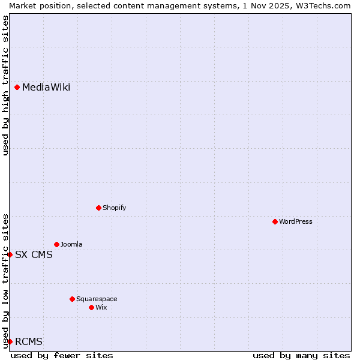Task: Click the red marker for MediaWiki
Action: pyautogui.click(x=17, y=88)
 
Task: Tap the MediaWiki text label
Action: pyautogui.click(x=46, y=88)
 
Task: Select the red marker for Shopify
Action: pyautogui.click(x=99, y=208)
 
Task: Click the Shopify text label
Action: pyautogui.click(x=114, y=208)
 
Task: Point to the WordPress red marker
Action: pyautogui.click(x=275, y=222)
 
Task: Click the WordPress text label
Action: pyautogui.click(x=296, y=222)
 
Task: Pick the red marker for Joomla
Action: pyautogui.click(x=57, y=245)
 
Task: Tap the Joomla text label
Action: pyautogui.click(x=71, y=245)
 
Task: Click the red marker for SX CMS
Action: pyautogui.click(x=10, y=255)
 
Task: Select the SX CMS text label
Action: pyautogui.click(x=34, y=255)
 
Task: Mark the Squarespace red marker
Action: pyautogui.click(x=73, y=299)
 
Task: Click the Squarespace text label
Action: pyautogui.click(x=97, y=299)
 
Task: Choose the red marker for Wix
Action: pyautogui.click(x=92, y=308)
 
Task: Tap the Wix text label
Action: pyautogui.click(x=101, y=308)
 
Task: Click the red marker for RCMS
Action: pyautogui.click(x=10, y=342)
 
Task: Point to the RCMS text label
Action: pyautogui.click(x=29, y=342)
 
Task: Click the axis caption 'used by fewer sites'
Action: pyautogui.click(x=62, y=356)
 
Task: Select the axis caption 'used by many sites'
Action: pyautogui.click(x=301, y=356)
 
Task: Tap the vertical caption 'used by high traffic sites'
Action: pyautogui.click(x=5, y=85)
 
